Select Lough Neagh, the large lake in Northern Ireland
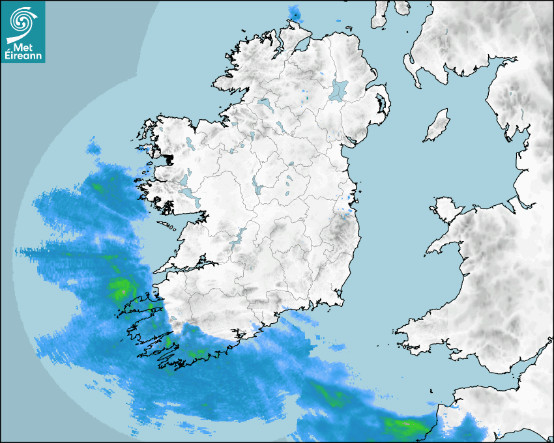coord(339,89)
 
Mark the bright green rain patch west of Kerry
coord(120,287)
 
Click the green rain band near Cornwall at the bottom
coord(404,427)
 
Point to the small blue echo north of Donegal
coord(295,12)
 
